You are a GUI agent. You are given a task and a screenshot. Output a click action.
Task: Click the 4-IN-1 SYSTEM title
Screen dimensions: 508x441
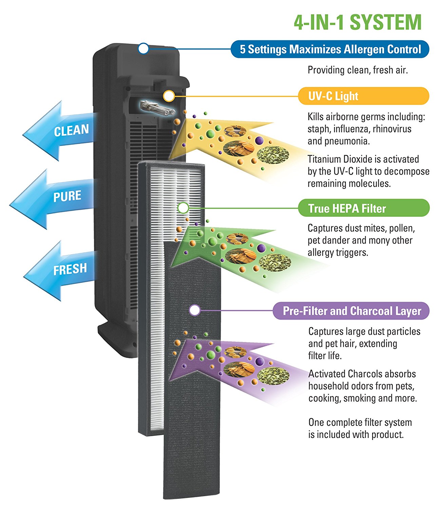click(358, 22)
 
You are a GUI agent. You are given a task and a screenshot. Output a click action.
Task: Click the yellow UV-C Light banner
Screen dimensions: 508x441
click(363, 96)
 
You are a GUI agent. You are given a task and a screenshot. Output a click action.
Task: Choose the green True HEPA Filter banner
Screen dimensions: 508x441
click(363, 208)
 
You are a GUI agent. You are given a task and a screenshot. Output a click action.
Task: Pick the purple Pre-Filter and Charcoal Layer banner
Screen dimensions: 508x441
click(351, 311)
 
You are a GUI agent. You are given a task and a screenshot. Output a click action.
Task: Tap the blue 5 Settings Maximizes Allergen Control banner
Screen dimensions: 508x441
click(330, 49)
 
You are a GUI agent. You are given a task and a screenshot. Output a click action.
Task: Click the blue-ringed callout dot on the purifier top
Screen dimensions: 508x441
click(143, 48)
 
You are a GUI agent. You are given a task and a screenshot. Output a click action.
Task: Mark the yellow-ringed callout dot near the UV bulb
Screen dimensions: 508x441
click(169, 96)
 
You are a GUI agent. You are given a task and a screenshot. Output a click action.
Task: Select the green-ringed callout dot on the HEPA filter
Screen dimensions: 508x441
click(183, 208)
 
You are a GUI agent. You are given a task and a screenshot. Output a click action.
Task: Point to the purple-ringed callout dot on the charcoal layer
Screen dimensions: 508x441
click(194, 310)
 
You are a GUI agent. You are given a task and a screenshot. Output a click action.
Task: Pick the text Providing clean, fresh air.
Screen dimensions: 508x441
click(358, 70)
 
